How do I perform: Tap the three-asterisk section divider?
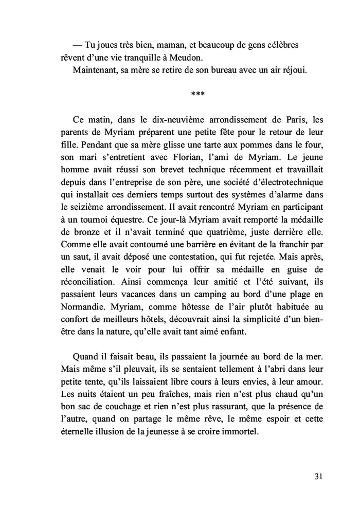(x=198, y=95)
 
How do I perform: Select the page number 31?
(x=318, y=476)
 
